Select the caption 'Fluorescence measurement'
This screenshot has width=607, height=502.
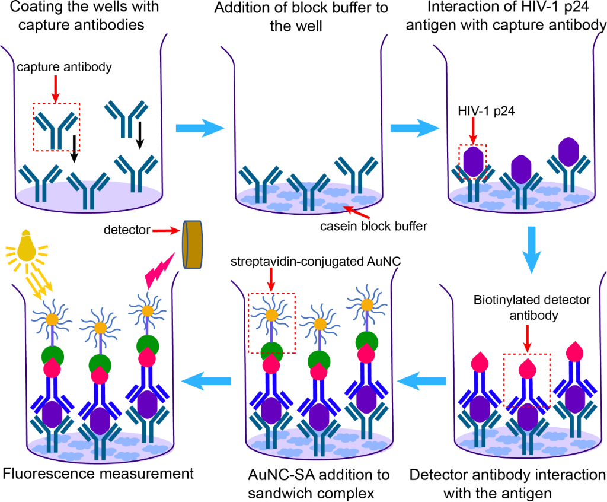click(x=98, y=474)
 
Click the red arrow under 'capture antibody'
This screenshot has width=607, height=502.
click(x=56, y=86)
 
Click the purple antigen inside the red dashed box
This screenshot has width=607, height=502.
click(x=473, y=161)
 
